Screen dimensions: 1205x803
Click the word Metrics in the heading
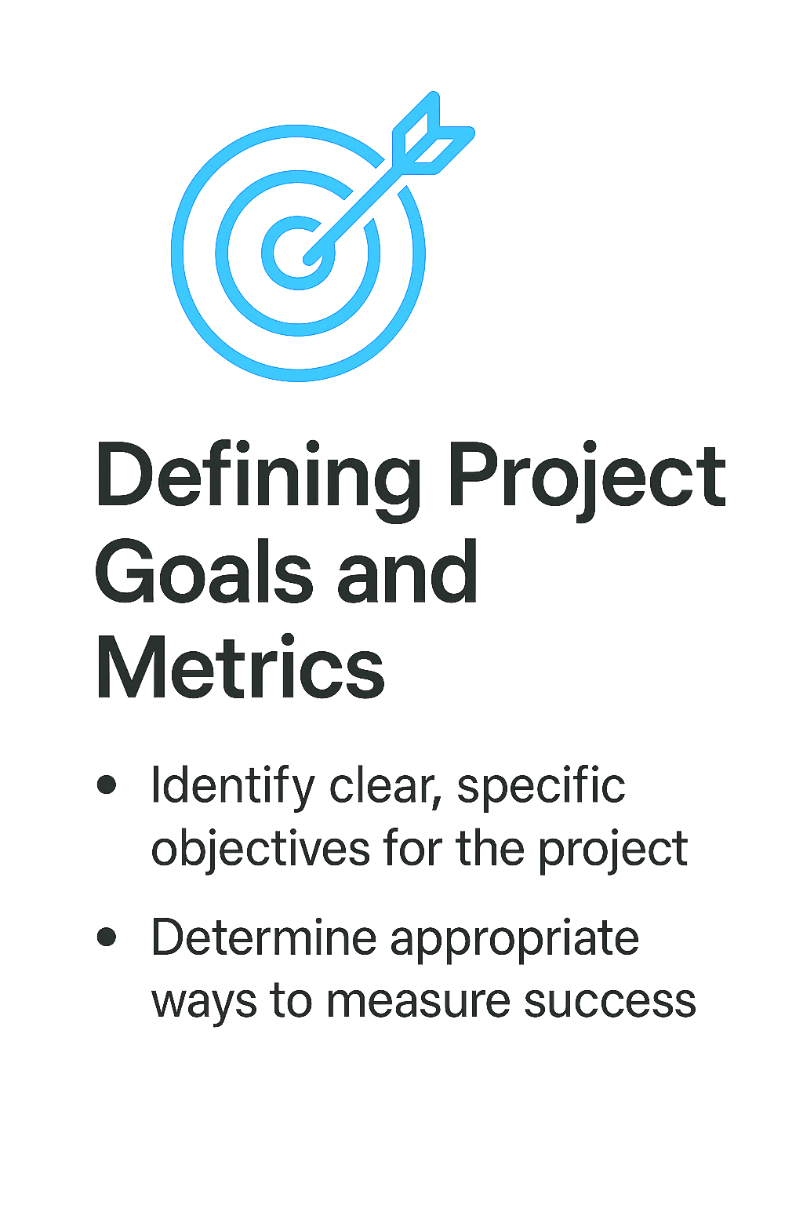pyautogui.click(x=240, y=668)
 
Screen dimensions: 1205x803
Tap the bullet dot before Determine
pyautogui.click(x=107, y=937)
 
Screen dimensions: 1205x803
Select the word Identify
pyautogui.click(x=232, y=787)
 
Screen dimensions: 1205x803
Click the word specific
pyautogui.click(x=541, y=787)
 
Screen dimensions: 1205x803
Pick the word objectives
pyautogui.click(x=260, y=850)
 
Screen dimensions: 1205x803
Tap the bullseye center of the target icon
pyautogui.click(x=299, y=253)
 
